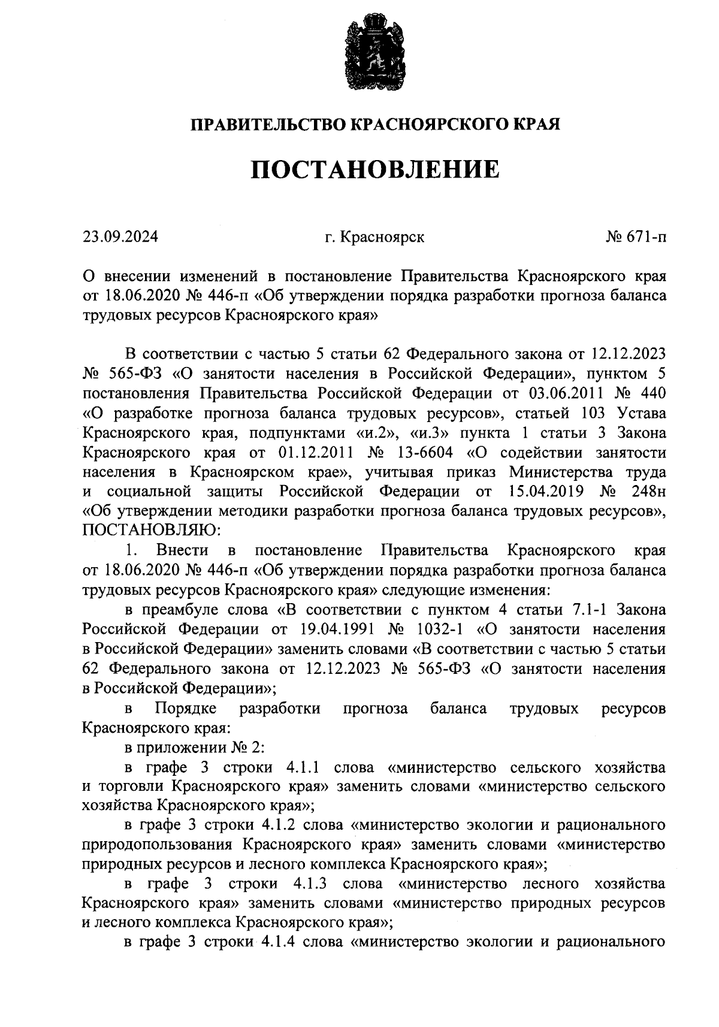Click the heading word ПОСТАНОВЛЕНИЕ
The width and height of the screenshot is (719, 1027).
pyautogui.click(x=374, y=170)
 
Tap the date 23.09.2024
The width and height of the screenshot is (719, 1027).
pyautogui.click(x=120, y=237)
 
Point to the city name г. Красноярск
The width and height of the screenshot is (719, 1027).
pyautogui.click(x=374, y=237)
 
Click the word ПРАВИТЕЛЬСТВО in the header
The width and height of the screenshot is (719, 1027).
pyautogui.click(x=268, y=125)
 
